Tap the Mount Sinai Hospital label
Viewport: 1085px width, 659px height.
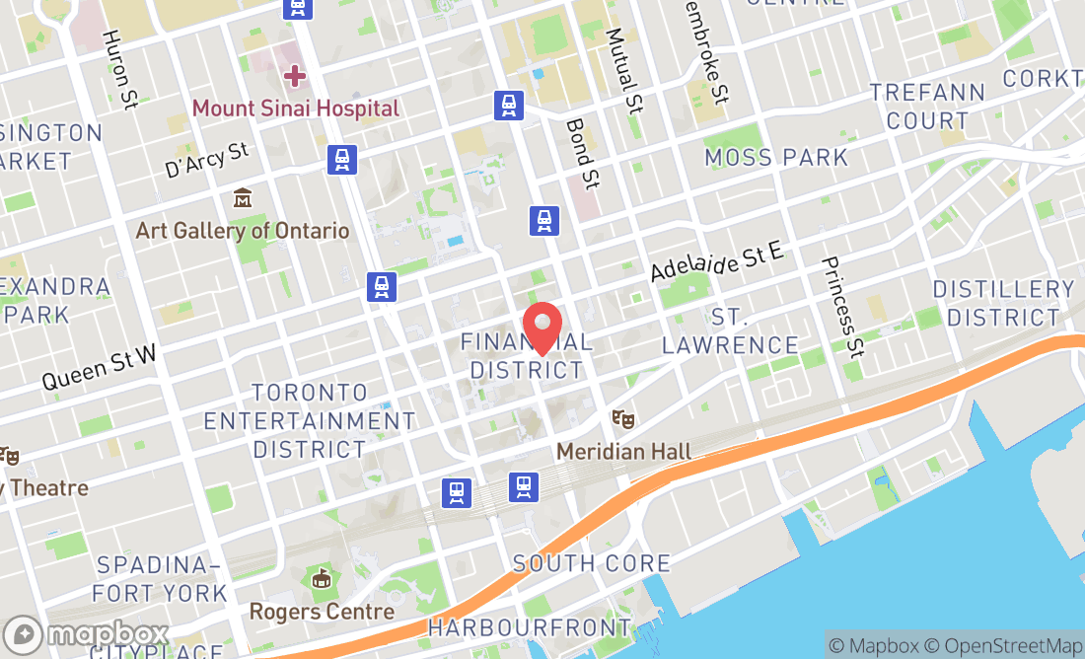296,108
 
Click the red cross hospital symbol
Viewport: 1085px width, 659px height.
295,75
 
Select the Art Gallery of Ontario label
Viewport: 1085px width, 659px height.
243,231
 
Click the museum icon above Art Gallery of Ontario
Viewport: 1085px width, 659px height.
243,199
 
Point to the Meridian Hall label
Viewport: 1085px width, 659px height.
623,452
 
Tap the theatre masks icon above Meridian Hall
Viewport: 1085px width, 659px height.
622,419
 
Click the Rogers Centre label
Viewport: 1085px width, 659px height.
322,612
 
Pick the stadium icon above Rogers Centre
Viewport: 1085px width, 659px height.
322,579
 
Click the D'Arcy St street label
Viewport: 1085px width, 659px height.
207,160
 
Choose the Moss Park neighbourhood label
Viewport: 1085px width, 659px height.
776,157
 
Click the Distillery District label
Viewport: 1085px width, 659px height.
1002,303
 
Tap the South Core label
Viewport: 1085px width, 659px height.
592,563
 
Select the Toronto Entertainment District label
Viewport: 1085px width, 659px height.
310,420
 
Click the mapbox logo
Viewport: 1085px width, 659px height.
87,633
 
